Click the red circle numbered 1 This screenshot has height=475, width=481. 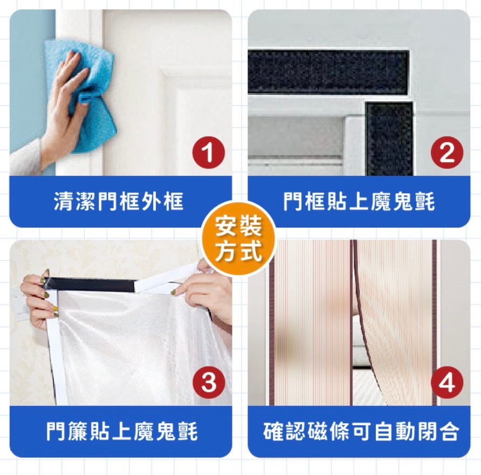tap(209, 153)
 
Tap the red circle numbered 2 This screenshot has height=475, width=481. tap(447, 153)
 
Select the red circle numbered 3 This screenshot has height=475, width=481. tap(209, 383)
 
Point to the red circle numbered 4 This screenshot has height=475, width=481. tap(447, 383)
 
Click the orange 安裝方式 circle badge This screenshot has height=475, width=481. tap(239, 238)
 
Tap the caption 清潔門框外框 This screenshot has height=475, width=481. tap(119, 202)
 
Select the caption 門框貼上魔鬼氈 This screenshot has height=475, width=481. tap(359, 202)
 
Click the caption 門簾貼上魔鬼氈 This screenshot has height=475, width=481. tap(122, 431)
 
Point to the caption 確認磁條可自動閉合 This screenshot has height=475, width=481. tap(361, 431)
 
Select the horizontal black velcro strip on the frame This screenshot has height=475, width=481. tap(328, 72)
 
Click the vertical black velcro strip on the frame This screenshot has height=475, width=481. tap(389, 139)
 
